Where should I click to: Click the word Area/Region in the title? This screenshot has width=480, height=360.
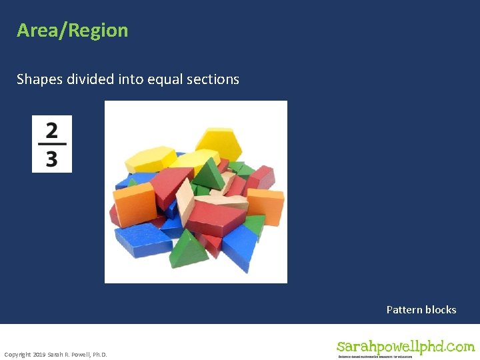pyautogui.click(x=72, y=31)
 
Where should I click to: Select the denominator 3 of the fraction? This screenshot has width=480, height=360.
pyautogui.click(x=52, y=159)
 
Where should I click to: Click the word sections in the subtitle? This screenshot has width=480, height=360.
pyautogui.click(x=215, y=79)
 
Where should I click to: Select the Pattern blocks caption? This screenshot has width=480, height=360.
pyautogui.click(x=421, y=309)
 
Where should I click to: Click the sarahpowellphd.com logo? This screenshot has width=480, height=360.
pyautogui.click(x=405, y=347)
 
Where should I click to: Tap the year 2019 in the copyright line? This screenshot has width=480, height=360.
pyautogui.click(x=38, y=354)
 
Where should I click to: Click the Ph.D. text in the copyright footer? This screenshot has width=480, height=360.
pyautogui.click(x=97, y=354)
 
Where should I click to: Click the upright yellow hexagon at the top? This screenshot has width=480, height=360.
pyautogui.click(x=219, y=142)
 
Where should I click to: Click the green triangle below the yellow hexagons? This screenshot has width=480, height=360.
pyautogui.click(x=209, y=175)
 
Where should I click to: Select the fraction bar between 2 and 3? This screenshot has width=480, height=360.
pyautogui.click(x=52, y=143)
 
